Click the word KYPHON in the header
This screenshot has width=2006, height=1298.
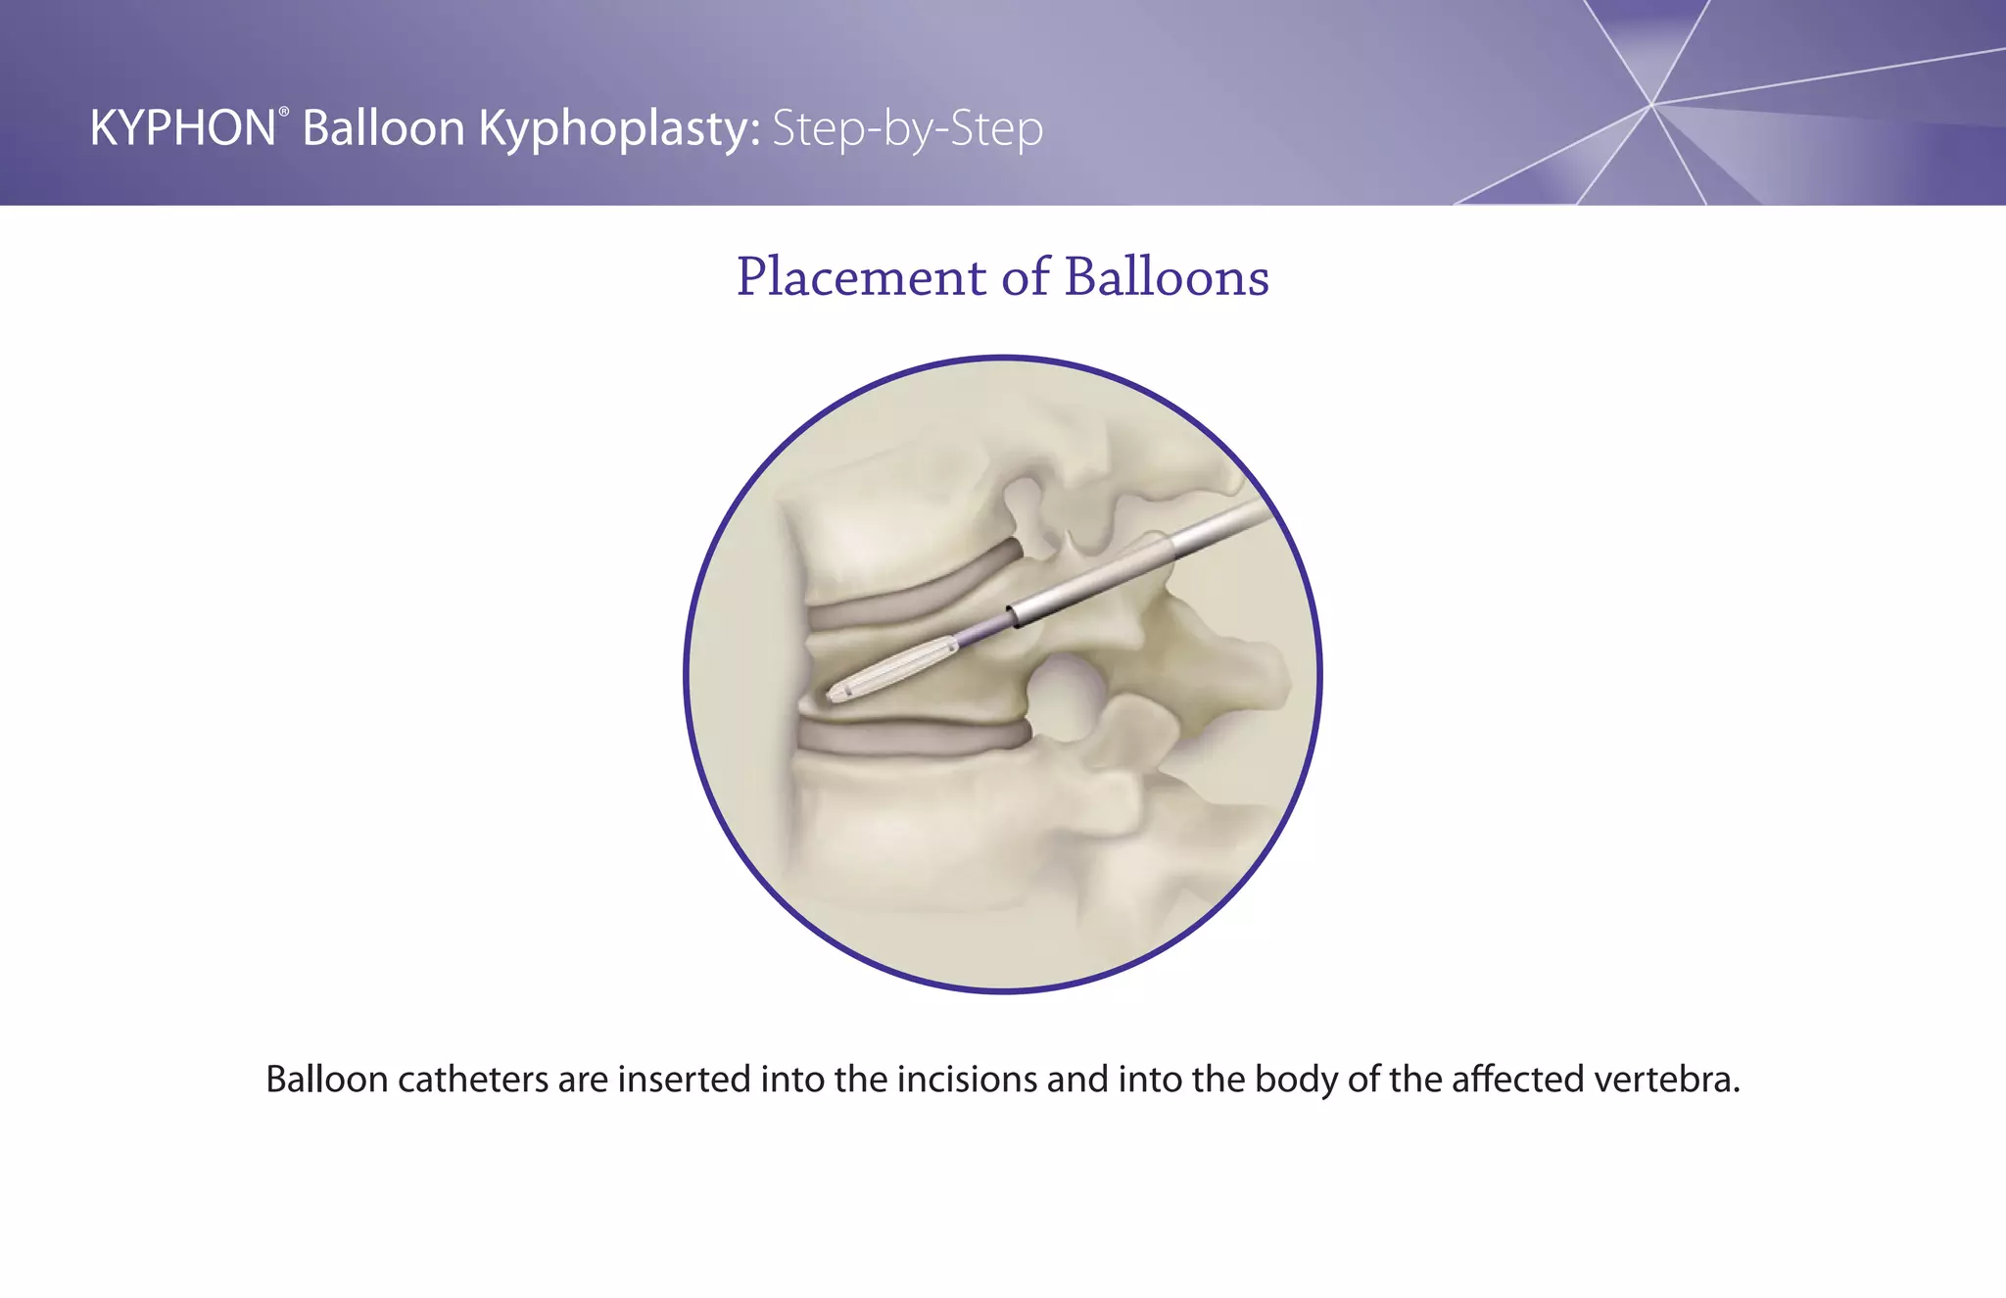tap(182, 128)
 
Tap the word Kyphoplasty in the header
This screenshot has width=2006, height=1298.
tap(619, 129)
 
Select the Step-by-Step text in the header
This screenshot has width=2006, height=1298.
tap(907, 129)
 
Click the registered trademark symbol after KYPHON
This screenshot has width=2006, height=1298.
tap(284, 113)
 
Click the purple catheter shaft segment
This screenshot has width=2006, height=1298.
tap(982, 633)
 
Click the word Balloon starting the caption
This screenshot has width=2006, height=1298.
tap(327, 1079)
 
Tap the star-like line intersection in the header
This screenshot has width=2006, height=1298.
tap(1651, 104)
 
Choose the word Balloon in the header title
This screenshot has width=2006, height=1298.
tap(383, 128)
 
